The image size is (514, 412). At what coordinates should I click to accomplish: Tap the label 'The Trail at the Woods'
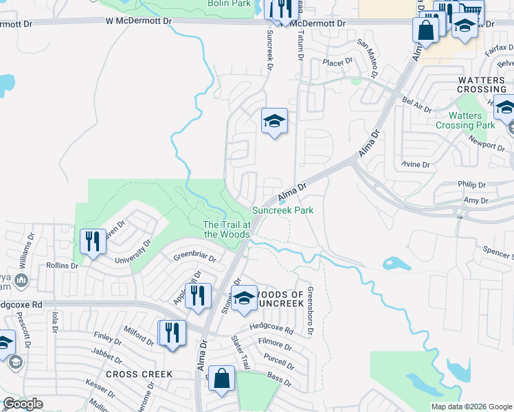pyautogui.click(x=226, y=229)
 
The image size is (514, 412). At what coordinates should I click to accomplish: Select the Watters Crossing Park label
pyautogui.click(x=465, y=120)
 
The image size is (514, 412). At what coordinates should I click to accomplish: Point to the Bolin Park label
pyautogui.click(x=230, y=3)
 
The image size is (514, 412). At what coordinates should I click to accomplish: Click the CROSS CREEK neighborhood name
pyautogui.click(x=139, y=374)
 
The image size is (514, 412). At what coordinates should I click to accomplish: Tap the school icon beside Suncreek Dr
pyautogui.click(x=274, y=122)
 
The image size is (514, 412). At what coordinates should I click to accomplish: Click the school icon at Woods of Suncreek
pyautogui.click(x=243, y=298)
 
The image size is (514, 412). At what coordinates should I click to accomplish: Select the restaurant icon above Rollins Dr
pyautogui.click(x=93, y=242)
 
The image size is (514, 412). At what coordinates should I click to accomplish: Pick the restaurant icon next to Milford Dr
pyautogui.click(x=172, y=333)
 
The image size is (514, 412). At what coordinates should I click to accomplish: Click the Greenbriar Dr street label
pyautogui.click(x=194, y=259)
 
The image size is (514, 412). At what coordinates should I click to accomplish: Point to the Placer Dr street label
pyautogui.click(x=338, y=60)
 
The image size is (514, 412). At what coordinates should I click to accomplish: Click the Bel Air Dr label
pyautogui.click(x=416, y=104)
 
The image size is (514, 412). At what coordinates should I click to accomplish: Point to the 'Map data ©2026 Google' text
pyautogui.click(x=471, y=407)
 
